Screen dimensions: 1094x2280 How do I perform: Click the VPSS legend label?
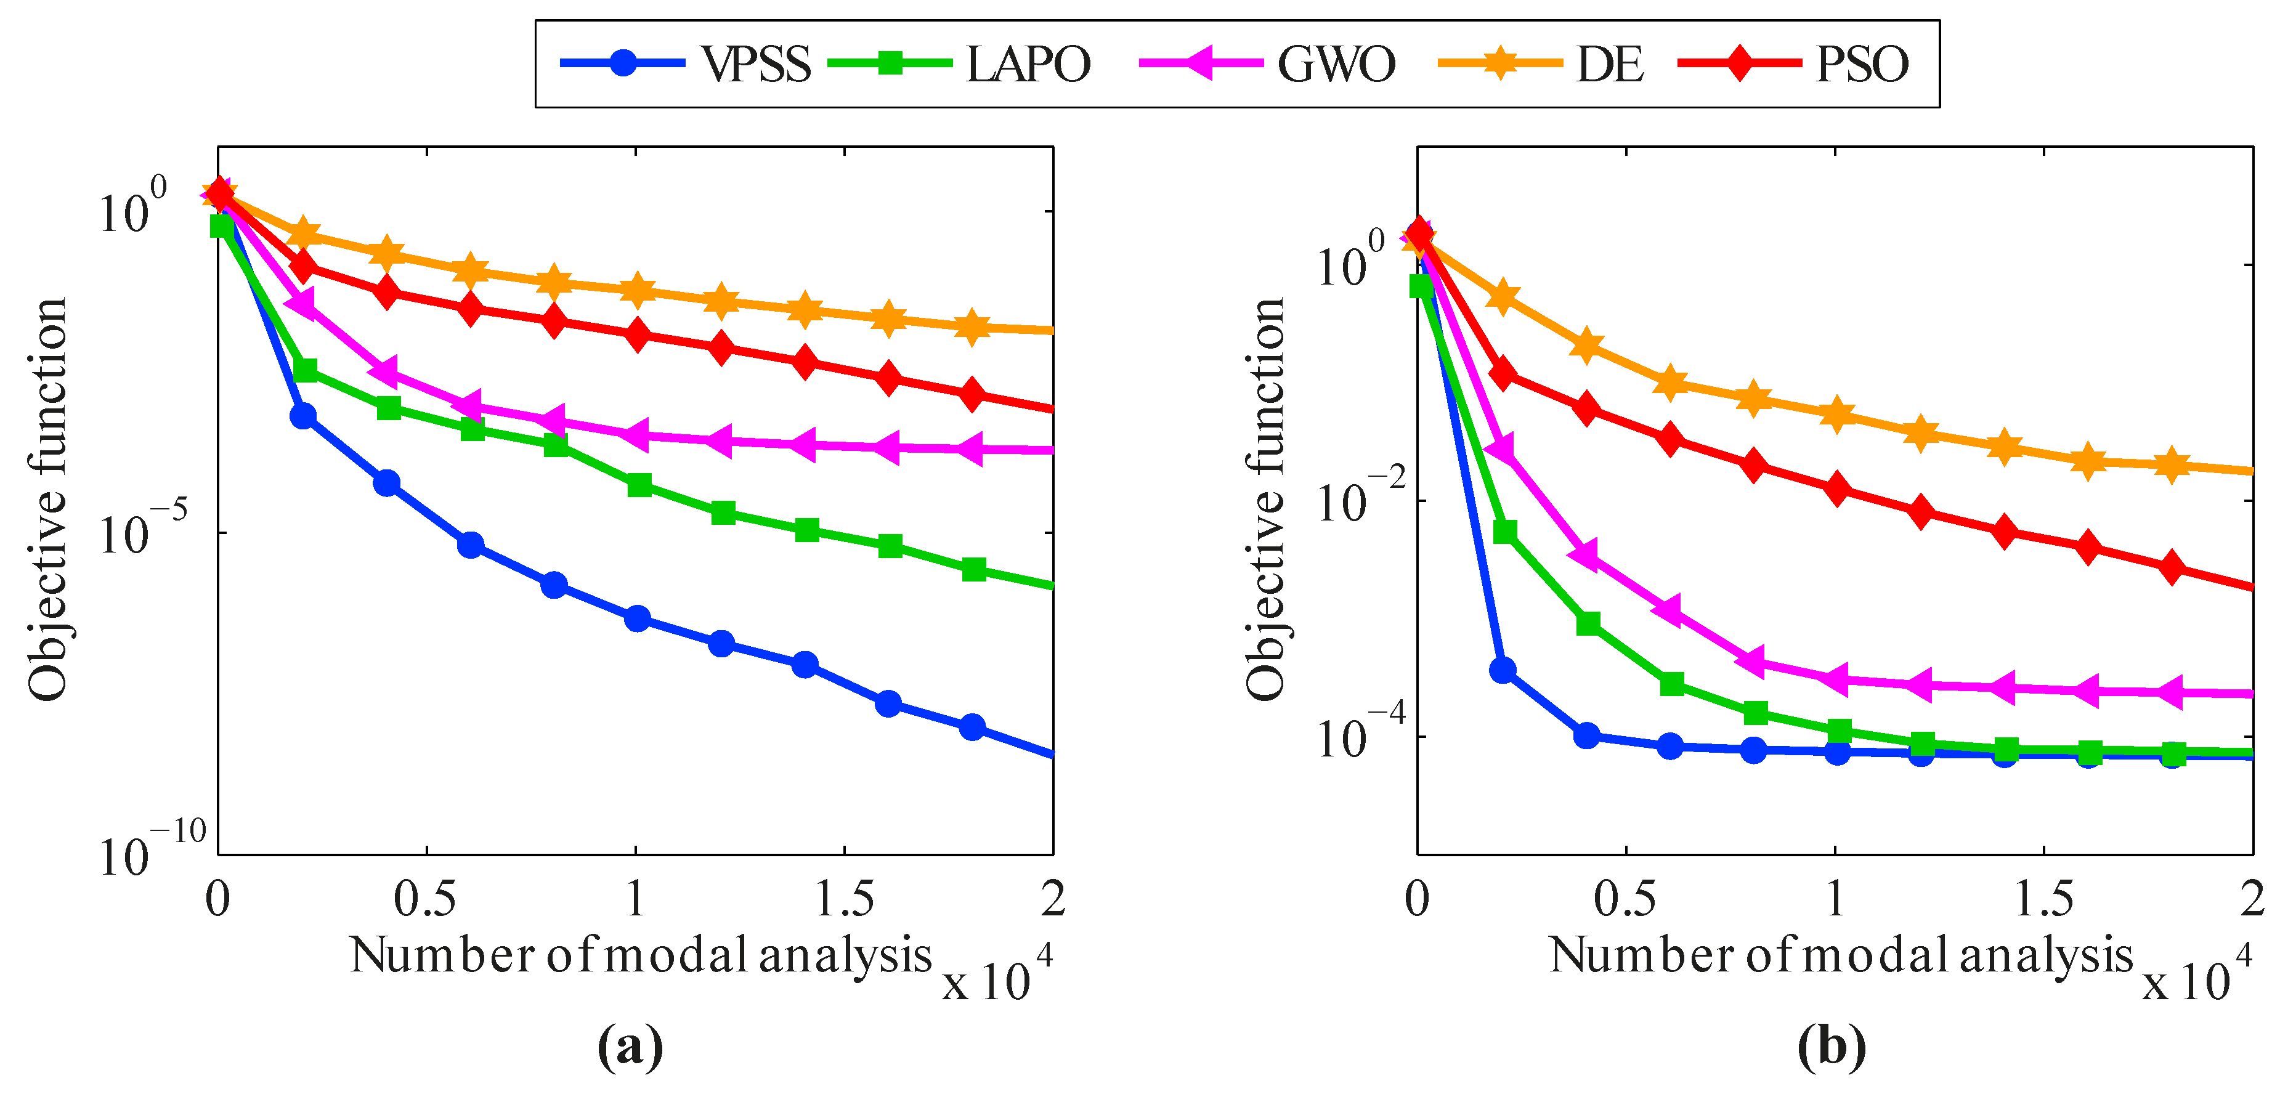[x=756, y=63]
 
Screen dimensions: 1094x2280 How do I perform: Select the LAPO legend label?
[x=1028, y=63]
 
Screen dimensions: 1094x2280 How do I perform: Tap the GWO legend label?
[x=1336, y=63]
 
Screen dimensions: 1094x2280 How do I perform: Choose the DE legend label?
[x=1609, y=63]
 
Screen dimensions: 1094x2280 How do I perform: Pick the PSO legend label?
[x=1862, y=63]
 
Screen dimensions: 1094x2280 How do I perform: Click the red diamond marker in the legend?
[x=1739, y=63]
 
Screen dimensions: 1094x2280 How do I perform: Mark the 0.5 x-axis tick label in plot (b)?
[x=1625, y=899]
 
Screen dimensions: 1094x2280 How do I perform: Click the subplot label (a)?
[x=630, y=1047]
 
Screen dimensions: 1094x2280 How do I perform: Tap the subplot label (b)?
[x=1832, y=1047]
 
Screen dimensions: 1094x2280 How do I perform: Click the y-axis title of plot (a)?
[x=46, y=500]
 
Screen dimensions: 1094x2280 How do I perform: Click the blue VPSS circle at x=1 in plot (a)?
[x=637, y=618]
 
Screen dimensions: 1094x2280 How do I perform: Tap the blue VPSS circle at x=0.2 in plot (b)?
[x=1502, y=670]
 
